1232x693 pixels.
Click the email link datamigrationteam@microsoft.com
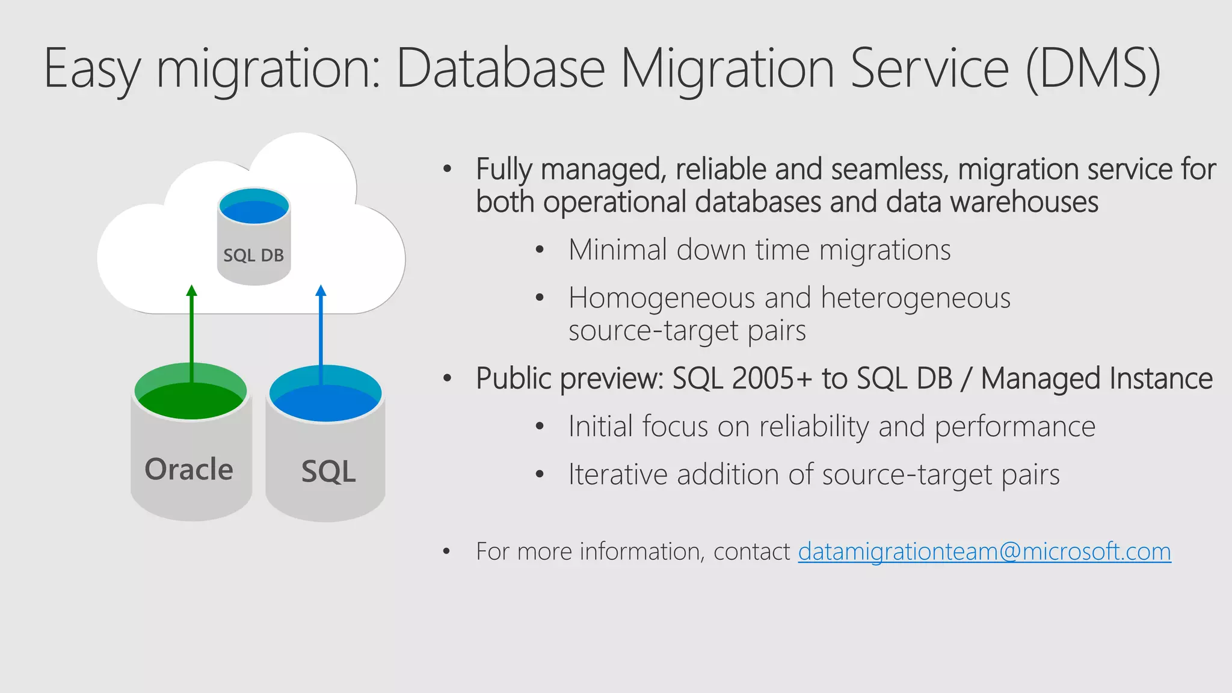click(x=984, y=552)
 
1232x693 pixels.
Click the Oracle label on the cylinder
click(x=189, y=469)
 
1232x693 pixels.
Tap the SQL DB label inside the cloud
click(x=253, y=256)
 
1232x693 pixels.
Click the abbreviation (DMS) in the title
click(x=1093, y=69)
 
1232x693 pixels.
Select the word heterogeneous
click(x=915, y=298)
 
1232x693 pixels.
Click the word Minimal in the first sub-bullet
click(x=618, y=250)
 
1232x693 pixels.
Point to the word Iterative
click(x=618, y=475)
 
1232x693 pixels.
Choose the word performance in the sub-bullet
click(x=1015, y=427)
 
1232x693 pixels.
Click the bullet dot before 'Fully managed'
click(x=447, y=170)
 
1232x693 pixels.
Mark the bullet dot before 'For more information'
click(x=446, y=552)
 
